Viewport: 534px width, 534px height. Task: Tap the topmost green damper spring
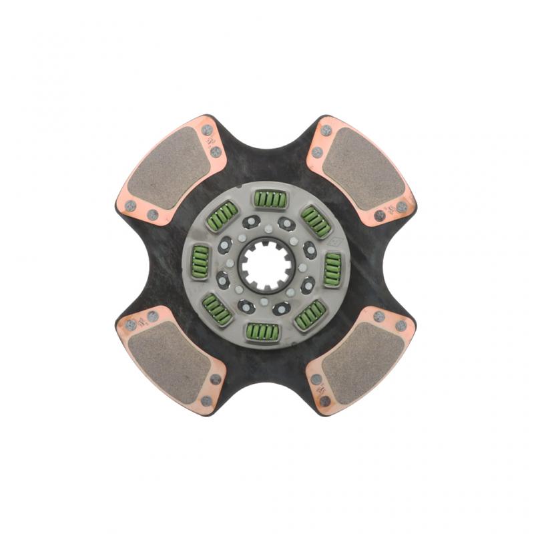(x=267, y=199)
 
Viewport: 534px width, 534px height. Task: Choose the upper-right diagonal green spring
(x=315, y=221)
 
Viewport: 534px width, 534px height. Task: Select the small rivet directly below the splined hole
(x=266, y=302)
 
